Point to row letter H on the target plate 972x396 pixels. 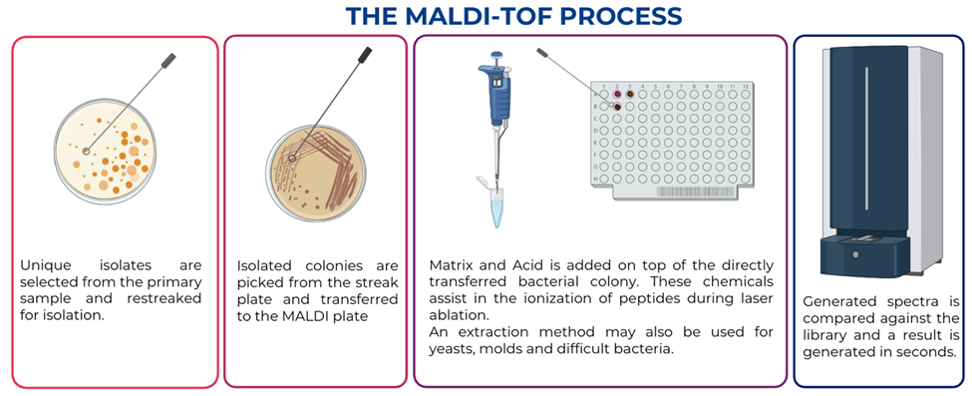pyautogui.click(x=594, y=179)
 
